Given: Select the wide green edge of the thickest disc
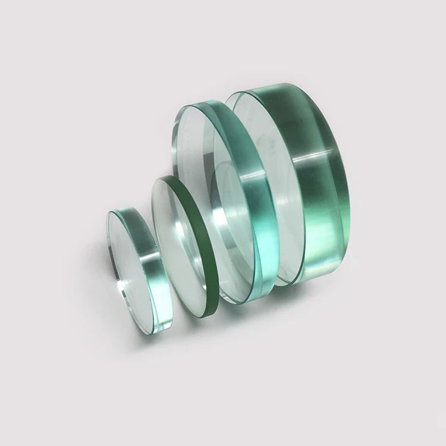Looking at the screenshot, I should click(321, 178).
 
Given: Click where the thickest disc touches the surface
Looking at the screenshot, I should click(291, 283).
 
